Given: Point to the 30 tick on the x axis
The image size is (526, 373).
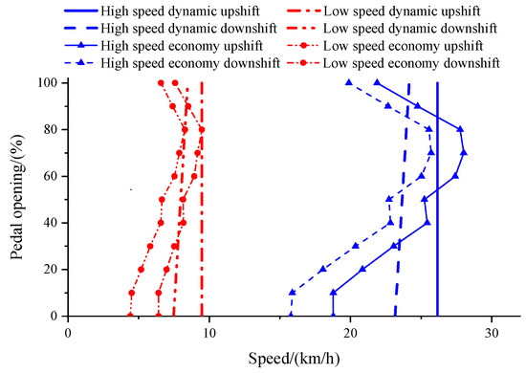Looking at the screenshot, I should pyautogui.click(x=491, y=332).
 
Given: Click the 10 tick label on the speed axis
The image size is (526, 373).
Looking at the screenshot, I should pyautogui.click(x=208, y=332).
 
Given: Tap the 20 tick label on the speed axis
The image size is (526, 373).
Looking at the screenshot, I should pyautogui.click(x=350, y=332).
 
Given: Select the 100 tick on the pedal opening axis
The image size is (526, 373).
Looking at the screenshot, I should pyautogui.click(x=48, y=83).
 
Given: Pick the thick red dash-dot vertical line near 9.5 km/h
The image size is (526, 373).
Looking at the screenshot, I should pyautogui.click(x=202, y=239).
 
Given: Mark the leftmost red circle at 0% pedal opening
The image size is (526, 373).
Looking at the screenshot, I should pyautogui.click(x=130, y=316).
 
